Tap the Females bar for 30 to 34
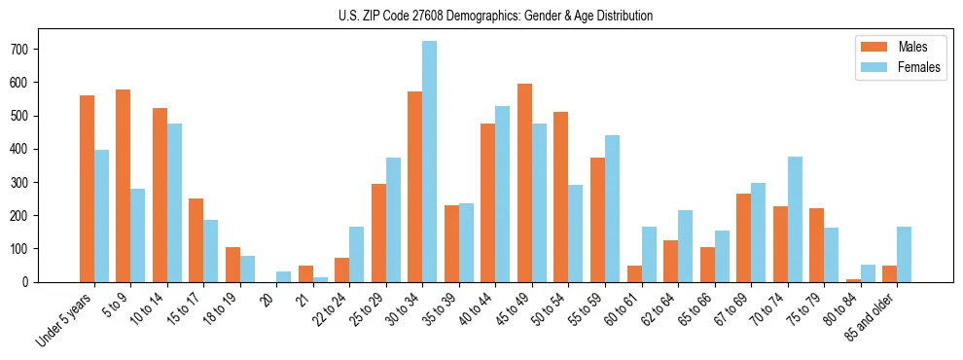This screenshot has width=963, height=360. pyautogui.click(x=429, y=162)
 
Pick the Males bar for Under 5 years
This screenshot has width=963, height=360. pyautogui.click(x=87, y=189)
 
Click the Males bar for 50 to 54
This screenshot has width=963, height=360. pyautogui.click(x=560, y=197)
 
